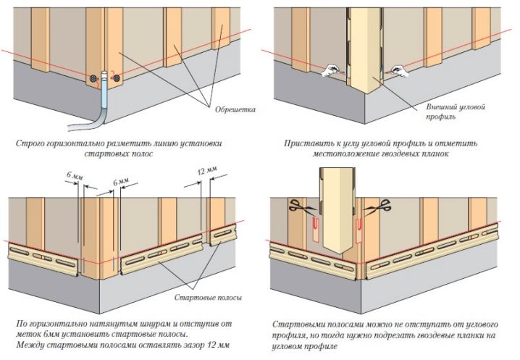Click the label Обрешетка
tap(235, 109)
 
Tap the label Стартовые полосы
tap(208, 297)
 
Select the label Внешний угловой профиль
tap(456, 112)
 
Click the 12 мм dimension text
tap(207, 171)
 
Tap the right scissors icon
tap(377, 206)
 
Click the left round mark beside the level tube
tap(94, 79)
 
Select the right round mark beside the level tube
tap(117, 78)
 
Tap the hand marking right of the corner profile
tap(399, 71)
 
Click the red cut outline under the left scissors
tap(315, 229)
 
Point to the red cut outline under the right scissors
tap(359, 229)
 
